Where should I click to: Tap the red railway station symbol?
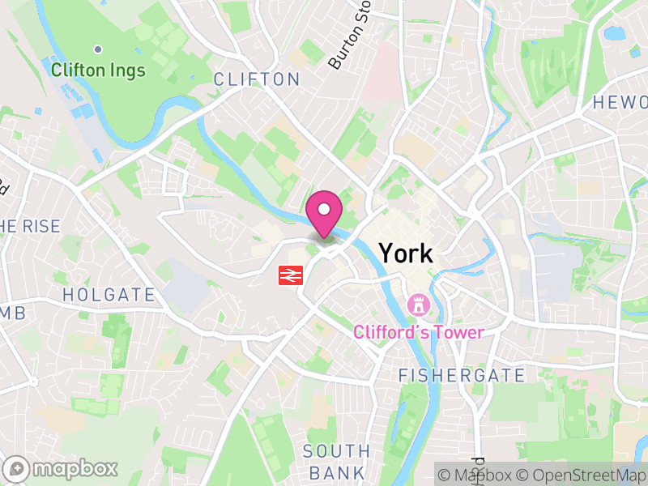coord(290,275)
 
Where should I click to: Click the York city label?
coord(406,254)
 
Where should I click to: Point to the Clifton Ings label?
coord(98,70)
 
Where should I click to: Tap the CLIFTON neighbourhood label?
coord(256,79)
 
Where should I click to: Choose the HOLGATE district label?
coord(109,294)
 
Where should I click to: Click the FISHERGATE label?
coord(462,375)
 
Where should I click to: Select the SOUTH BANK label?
coord(336,461)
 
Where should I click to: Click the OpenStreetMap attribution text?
coord(582,475)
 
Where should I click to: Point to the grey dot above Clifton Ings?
coord(98,49)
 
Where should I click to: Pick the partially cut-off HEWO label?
coord(620,102)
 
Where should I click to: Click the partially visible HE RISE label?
coord(30,226)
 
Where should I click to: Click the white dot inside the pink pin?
coord(325,209)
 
